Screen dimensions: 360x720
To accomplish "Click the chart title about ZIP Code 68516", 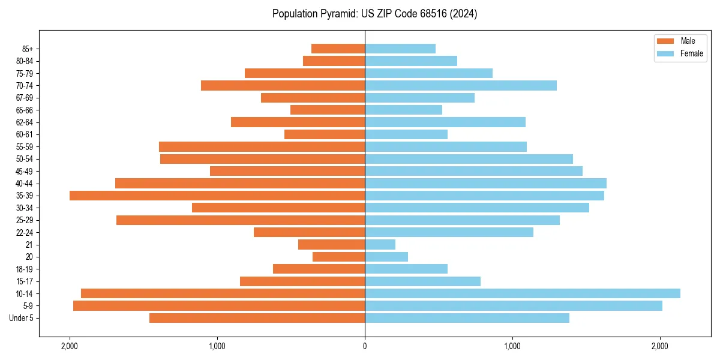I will point(374,14).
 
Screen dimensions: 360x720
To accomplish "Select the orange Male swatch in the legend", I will point(666,41).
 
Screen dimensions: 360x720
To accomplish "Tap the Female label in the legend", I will point(692,53).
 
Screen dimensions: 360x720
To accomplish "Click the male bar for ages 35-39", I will point(217,196).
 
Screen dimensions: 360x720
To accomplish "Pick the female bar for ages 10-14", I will point(523,293).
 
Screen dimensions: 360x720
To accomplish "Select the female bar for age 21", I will point(380,244).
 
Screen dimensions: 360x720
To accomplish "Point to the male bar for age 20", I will point(339,257).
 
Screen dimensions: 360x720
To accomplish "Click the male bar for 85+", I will point(338,49).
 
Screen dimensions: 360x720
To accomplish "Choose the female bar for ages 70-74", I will point(461,86).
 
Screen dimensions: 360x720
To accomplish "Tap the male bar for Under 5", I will point(257,318).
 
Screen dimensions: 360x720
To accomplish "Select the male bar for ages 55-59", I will point(262,146).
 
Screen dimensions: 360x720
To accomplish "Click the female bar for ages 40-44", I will point(486,183).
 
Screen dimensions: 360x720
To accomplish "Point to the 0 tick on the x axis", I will point(365,346).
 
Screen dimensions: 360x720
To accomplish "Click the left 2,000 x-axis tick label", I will point(70,346).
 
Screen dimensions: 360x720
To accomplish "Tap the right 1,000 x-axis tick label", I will point(512,346).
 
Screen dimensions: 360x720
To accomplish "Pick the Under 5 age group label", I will point(22,318).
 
